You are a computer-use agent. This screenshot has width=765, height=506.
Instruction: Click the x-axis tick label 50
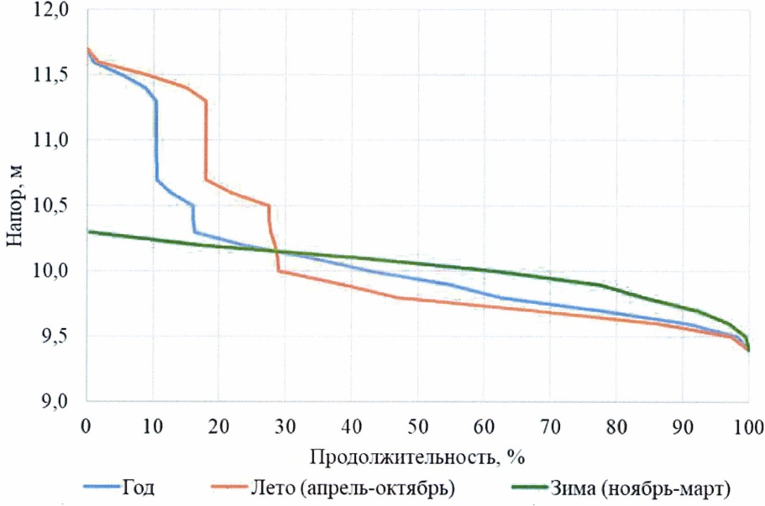tap(417, 425)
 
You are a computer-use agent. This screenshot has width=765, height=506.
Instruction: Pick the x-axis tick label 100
tap(747, 425)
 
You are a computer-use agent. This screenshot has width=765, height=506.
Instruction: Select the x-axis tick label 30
tap(285, 425)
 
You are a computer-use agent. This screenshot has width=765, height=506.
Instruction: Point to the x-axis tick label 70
tap(549, 425)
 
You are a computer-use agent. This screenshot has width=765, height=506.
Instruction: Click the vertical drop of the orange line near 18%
tap(206, 138)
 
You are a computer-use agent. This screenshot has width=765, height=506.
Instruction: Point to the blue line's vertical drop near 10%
tap(156, 138)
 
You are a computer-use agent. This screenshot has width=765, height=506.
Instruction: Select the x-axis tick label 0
tap(86, 425)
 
